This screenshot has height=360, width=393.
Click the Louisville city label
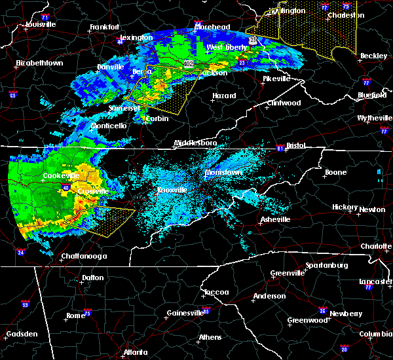pyautogui.click(x=41, y=25)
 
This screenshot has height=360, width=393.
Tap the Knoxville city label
pyautogui.click(x=172, y=190)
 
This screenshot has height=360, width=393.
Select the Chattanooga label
pyautogui.click(x=65, y=256)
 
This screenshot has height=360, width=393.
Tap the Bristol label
pyautogui.click(x=296, y=146)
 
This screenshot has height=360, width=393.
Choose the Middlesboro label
pyautogui.click(x=195, y=143)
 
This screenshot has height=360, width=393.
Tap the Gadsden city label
pyautogui.click(x=20, y=334)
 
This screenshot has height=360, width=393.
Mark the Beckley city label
pyautogui.click(x=373, y=56)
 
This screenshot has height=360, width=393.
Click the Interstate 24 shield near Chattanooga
pyautogui.click(x=20, y=252)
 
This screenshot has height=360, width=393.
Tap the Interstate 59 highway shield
pyautogui.click(x=26, y=304)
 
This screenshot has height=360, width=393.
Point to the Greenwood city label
pyautogui.click(x=307, y=321)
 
